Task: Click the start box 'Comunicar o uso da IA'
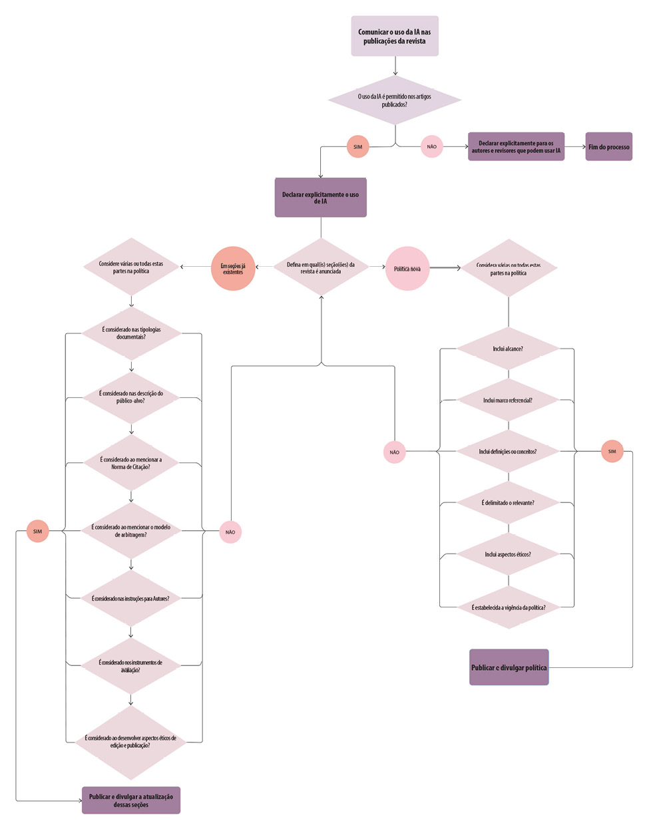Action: coord(395,36)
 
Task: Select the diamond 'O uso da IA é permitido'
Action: coord(395,100)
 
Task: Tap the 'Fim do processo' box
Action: coord(608,147)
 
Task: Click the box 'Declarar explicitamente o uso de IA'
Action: coord(320,198)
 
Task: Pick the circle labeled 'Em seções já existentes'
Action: coord(233,269)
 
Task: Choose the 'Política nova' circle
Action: coord(407,269)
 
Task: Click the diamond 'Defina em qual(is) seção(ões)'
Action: coord(321,267)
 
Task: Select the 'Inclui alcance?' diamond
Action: coord(508,349)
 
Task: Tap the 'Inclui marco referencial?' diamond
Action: coord(508,401)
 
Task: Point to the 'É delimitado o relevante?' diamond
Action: coord(508,503)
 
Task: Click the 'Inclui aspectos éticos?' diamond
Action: coord(508,554)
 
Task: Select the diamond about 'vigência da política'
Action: coord(508,607)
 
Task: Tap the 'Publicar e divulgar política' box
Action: coord(509,667)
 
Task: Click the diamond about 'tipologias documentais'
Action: coord(131,333)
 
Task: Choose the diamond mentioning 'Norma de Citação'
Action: coord(131,463)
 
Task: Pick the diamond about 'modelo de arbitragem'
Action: coord(131,531)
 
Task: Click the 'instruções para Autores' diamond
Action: coord(131,598)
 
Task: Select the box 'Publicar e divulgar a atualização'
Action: coord(131,800)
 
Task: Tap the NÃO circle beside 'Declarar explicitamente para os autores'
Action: coord(431,147)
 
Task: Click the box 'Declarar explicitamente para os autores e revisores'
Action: coord(516,147)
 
